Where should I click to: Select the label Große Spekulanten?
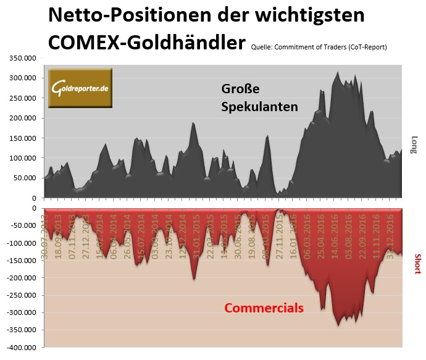259,98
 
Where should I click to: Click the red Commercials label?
264,308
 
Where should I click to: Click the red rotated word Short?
417,264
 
